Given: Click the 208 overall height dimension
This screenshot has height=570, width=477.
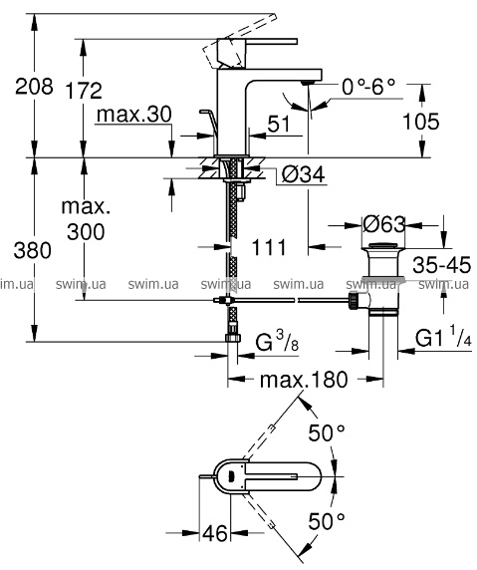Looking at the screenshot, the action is coord(34,87).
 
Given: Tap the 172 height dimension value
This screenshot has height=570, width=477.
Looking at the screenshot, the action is coord(84,91).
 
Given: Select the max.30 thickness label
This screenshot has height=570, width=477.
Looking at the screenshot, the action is coord(134,115).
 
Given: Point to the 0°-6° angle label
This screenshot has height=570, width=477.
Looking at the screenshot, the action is coord(368,87).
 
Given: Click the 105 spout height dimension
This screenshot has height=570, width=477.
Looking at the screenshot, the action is coord(421,122).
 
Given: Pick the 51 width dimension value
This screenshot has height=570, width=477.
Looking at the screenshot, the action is coord(279,124).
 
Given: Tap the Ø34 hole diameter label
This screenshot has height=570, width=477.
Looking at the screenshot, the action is coord(304,175).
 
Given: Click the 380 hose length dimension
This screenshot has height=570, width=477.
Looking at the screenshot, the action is coord(32,251).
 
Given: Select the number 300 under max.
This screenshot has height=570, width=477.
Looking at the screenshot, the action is coord(86,232).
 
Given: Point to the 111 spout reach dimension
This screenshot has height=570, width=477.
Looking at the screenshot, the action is coord(269,248).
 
